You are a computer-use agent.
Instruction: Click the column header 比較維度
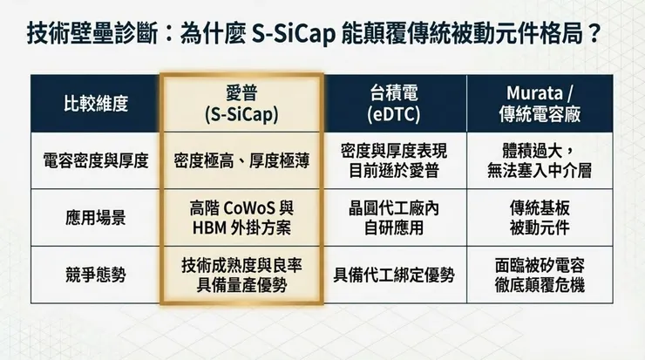pos(96,104)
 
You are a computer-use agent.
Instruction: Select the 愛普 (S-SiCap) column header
pos(241,104)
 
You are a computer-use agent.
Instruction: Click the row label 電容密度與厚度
pos(96,160)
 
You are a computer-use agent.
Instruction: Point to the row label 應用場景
pos(96,218)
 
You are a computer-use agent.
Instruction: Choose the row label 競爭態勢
pos(96,275)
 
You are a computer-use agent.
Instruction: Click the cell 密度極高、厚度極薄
pos(241,160)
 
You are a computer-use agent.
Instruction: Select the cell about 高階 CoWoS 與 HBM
pos(241,218)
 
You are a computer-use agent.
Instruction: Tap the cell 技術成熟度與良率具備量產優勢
pos(241,275)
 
